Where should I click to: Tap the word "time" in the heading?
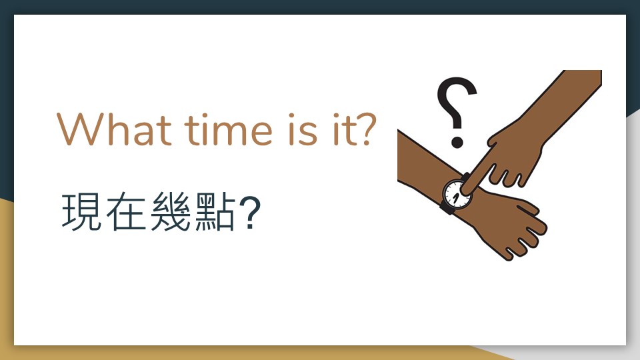pyautogui.click(x=228, y=129)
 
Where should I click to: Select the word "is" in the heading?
pyautogui.click(x=303, y=129)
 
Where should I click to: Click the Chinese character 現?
pyautogui.click(x=81, y=211)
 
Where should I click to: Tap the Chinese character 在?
pyautogui.click(x=126, y=211)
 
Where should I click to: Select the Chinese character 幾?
pyautogui.click(x=170, y=211)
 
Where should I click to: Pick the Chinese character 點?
pyautogui.click(x=215, y=211)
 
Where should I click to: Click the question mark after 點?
pyautogui.click(x=250, y=212)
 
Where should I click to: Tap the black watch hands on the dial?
pyautogui.click(x=455, y=198)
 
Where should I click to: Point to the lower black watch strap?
pyautogui.click(x=447, y=207)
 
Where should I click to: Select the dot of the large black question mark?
pyautogui.click(x=457, y=141)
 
